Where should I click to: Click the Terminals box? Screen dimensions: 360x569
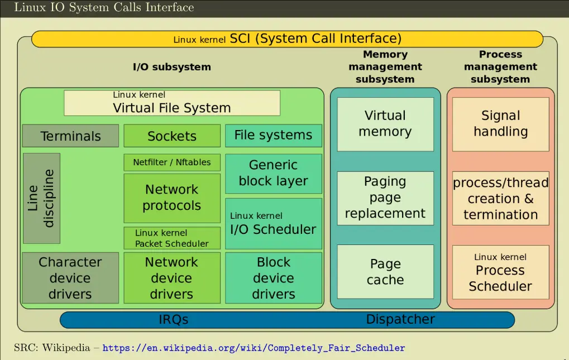coord(70,136)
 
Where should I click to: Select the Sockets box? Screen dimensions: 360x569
coord(172,136)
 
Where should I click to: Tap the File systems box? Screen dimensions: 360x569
coord(274,135)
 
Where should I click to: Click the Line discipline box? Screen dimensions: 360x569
coord(41,198)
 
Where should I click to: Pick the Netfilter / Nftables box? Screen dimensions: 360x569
coord(172,162)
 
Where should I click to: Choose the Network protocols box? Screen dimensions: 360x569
coord(172,198)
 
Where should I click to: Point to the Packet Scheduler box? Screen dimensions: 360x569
coord(172,238)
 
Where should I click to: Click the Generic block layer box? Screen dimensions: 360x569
coord(274,173)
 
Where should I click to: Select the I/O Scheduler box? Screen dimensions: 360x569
coord(274,223)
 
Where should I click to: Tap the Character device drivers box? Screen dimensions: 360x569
coord(70,277)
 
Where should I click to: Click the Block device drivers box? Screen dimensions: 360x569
coord(274,277)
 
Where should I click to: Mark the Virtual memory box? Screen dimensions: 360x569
coord(385,124)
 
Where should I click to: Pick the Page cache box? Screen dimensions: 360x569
coord(385,271)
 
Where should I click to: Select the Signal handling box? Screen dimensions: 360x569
coord(500,124)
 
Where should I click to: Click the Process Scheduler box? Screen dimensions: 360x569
coord(500,272)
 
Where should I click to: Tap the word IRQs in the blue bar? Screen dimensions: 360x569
coord(173,320)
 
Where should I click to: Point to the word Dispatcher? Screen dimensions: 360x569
coord(400,320)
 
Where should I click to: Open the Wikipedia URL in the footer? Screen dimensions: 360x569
coord(254,348)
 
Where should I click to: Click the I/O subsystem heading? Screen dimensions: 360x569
coord(172,67)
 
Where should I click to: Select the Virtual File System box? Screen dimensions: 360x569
coord(172,103)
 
